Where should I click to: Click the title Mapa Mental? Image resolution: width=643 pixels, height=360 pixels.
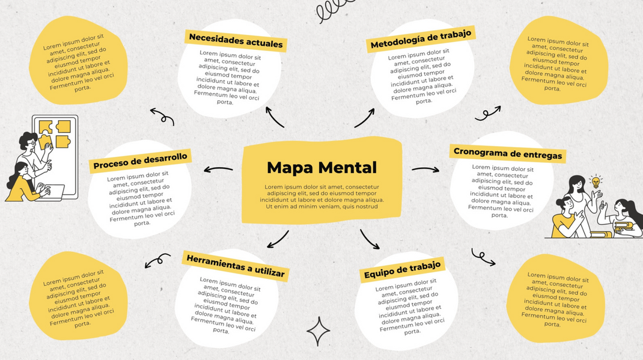click(321, 167)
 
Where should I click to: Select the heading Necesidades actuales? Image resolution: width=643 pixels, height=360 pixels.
click(236, 41)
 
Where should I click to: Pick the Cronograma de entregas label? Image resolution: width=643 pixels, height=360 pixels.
click(508, 153)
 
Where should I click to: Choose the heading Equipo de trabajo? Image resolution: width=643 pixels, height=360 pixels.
click(402, 270)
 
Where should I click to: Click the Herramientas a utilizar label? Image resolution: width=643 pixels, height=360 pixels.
click(236, 266)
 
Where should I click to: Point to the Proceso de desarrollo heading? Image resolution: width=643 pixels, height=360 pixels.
click(140, 160)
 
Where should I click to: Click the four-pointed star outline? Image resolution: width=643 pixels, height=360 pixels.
click(318, 331)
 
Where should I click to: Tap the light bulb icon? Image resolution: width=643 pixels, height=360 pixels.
click(596, 181)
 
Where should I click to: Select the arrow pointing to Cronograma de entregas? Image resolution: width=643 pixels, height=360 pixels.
click(425, 169)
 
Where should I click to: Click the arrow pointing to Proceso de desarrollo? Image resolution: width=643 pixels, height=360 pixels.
click(218, 169)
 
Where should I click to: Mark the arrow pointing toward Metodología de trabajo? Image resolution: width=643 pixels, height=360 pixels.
click(365, 118)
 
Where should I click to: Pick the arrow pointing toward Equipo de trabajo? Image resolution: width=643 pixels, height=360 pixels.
click(370, 239)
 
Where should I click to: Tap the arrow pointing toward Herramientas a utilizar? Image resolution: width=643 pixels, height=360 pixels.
click(278, 239)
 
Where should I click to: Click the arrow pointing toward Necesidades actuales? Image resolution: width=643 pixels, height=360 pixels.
click(275, 117)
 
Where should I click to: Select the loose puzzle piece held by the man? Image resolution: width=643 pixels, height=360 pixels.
click(44, 142)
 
